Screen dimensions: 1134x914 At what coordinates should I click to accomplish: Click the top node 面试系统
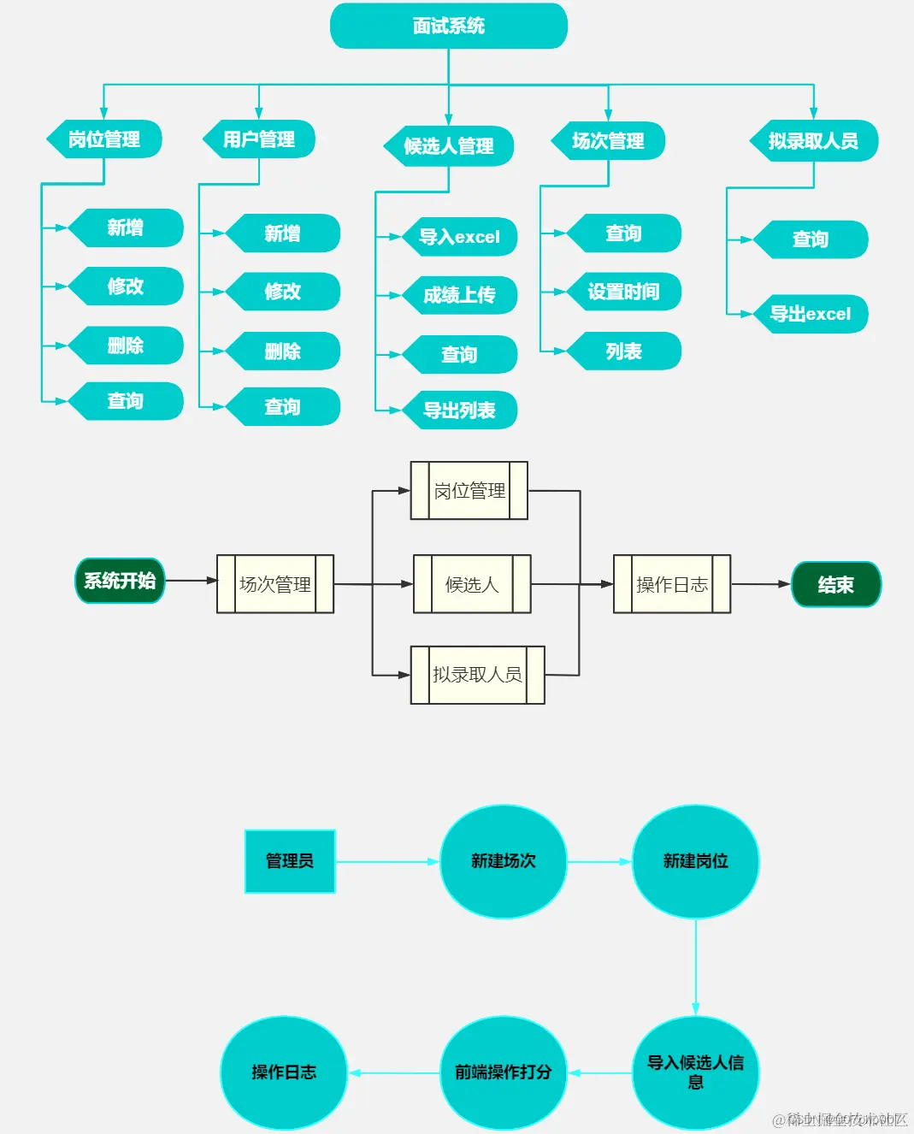tap(449, 26)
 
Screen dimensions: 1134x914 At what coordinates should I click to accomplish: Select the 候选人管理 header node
tap(449, 146)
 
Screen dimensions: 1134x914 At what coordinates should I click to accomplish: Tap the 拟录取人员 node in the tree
tap(814, 141)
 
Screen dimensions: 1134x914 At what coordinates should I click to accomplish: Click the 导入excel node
tap(460, 237)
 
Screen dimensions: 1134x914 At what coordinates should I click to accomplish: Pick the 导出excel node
tap(811, 314)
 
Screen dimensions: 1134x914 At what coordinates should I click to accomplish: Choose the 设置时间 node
tap(623, 292)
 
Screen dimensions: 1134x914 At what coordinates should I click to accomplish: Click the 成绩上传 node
tap(460, 295)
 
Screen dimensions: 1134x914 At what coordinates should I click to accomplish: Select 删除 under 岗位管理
tap(126, 346)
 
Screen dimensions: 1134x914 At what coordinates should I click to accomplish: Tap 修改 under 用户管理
tap(283, 292)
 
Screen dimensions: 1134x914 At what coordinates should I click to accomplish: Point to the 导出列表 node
tap(460, 410)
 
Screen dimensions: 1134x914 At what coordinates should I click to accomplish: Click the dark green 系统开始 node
tap(120, 581)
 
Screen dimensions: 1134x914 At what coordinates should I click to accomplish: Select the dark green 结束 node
tap(835, 585)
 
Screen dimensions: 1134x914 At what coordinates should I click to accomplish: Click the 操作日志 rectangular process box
tap(672, 584)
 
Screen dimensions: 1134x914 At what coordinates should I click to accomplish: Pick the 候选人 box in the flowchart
tap(472, 584)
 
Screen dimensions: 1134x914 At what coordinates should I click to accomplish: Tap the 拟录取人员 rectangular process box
tap(477, 675)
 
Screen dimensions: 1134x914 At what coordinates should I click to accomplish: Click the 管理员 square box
tap(290, 861)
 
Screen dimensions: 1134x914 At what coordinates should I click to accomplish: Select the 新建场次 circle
tap(504, 861)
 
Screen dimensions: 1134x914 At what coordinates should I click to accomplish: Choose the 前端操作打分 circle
tap(504, 1072)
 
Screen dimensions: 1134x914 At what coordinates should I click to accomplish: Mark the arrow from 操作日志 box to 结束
tap(761, 584)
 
